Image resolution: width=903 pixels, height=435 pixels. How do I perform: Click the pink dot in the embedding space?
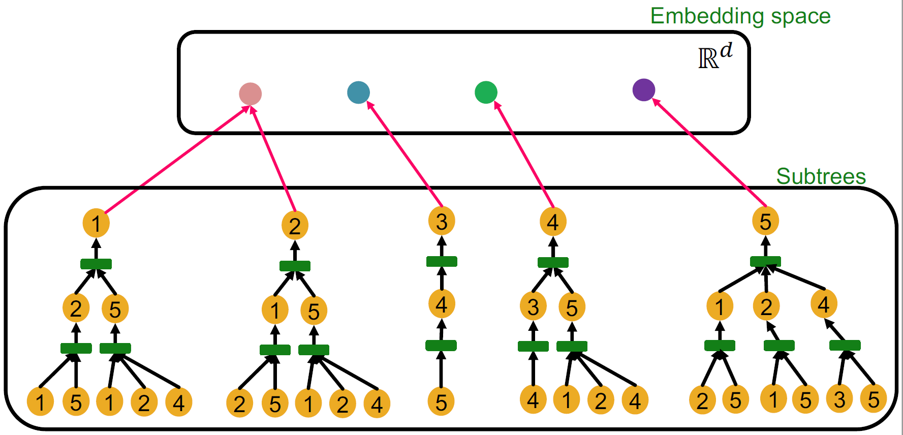(251, 94)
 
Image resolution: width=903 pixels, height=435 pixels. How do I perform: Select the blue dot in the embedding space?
(358, 92)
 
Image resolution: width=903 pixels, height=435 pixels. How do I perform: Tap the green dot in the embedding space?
(486, 92)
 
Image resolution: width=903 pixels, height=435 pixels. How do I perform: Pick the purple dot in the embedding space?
(644, 90)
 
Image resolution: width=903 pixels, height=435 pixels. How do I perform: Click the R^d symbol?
(715, 56)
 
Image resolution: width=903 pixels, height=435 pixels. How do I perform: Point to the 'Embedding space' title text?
(740, 16)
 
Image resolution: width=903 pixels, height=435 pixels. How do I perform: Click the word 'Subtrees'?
(821, 176)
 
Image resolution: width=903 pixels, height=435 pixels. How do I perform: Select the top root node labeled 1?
(96, 223)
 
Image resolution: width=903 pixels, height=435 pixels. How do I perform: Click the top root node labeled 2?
(295, 226)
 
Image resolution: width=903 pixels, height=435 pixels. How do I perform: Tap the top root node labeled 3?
(442, 221)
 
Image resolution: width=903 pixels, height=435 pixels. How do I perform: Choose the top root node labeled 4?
(553, 222)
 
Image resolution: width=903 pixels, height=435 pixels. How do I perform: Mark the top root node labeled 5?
(766, 221)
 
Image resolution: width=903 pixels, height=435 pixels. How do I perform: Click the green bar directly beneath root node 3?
(442, 261)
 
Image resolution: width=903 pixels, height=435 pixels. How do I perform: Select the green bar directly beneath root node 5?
(766, 261)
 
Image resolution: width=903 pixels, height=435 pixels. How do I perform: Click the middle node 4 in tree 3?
(442, 304)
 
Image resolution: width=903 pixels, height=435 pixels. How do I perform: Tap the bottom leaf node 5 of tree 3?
(441, 401)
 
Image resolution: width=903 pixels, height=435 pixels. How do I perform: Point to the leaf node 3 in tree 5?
(839, 399)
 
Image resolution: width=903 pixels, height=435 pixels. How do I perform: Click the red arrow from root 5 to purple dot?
(709, 152)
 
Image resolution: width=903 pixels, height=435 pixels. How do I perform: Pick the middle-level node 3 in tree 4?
(533, 306)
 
